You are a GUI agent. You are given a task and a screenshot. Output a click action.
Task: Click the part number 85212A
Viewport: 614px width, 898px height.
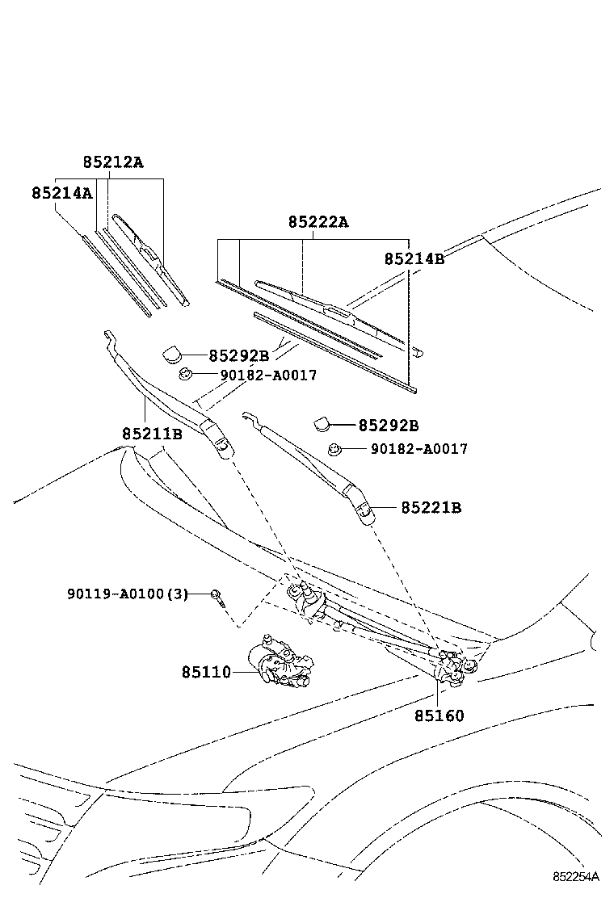pyautogui.click(x=112, y=162)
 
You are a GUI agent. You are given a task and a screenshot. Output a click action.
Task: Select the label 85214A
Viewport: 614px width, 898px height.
pyautogui.click(x=61, y=194)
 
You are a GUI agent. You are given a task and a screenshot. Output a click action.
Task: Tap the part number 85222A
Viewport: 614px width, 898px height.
pyautogui.click(x=318, y=222)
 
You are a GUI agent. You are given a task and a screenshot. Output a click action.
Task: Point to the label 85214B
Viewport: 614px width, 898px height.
pyautogui.click(x=414, y=258)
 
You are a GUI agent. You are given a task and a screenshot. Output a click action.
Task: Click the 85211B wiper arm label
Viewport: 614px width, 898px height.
pyautogui.click(x=152, y=434)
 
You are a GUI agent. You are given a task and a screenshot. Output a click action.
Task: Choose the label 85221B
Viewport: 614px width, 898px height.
pyautogui.click(x=431, y=508)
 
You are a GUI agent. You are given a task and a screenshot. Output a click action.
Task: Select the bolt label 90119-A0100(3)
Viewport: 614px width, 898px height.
pyautogui.click(x=127, y=594)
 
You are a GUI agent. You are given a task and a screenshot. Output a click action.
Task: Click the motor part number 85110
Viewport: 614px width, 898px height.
pyautogui.click(x=206, y=672)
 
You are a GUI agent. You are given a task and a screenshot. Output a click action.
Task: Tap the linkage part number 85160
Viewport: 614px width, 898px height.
pyautogui.click(x=439, y=715)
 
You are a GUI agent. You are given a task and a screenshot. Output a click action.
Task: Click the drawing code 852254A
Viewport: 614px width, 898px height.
pyautogui.click(x=577, y=876)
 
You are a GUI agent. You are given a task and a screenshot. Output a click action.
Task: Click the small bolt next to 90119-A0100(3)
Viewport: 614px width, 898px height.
pyautogui.click(x=217, y=596)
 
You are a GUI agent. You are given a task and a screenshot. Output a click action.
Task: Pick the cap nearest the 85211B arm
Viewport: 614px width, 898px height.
pyautogui.click(x=172, y=354)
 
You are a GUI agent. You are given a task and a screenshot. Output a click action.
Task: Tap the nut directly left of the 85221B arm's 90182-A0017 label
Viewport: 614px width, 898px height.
pyautogui.click(x=334, y=449)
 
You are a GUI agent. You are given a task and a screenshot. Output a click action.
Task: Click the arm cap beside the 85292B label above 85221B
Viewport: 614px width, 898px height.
pyautogui.click(x=321, y=423)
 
